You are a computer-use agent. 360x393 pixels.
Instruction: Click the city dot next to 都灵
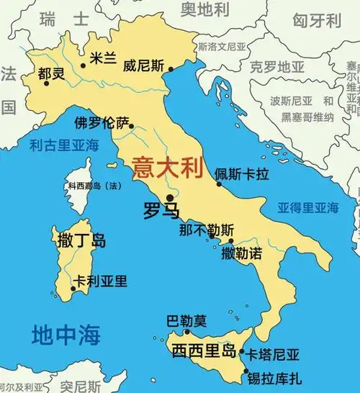[x=47, y=83]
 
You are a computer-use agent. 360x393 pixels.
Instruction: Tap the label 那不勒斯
[x=207, y=231]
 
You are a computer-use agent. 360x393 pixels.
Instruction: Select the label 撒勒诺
[x=240, y=253]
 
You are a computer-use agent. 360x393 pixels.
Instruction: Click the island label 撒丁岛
[x=81, y=240]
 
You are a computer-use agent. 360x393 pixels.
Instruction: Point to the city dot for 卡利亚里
[x=73, y=290]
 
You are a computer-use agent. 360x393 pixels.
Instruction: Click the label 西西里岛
[x=204, y=351]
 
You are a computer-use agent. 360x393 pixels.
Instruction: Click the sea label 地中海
[x=66, y=334]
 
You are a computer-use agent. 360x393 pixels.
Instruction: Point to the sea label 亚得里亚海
[x=308, y=207]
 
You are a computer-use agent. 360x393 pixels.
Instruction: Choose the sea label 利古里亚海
[x=64, y=145]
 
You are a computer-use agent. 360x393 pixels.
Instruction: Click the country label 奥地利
[x=204, y=9]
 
